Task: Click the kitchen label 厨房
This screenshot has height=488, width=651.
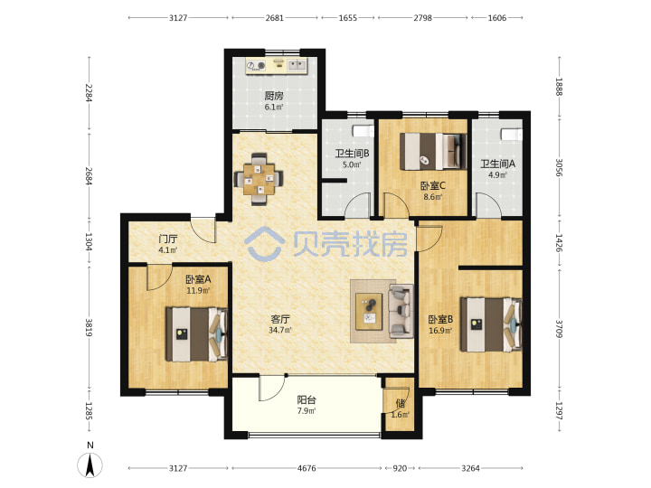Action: point(274,96)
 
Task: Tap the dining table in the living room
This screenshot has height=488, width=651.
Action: point(259,179)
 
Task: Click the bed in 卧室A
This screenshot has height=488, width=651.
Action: point(196,334)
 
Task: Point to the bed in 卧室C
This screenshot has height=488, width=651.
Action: point(432,152)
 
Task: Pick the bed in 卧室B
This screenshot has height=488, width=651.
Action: point(491,324)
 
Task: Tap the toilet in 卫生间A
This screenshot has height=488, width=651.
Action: point(511,135)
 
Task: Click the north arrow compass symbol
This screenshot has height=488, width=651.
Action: point(90,465)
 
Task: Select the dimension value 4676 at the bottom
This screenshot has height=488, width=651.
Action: point(307,468)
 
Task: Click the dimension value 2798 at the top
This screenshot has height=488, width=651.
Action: point(422,18)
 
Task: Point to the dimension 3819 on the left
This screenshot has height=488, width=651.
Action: point(89,327)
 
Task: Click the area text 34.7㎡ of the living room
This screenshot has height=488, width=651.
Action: point(280,331)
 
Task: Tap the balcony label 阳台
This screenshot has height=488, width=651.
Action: point(307,400)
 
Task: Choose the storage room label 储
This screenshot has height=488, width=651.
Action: point(401,403)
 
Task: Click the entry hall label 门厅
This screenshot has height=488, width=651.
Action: point(168,239)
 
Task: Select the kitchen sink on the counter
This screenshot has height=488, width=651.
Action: point(297,65)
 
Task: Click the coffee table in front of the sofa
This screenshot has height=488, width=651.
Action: point(369,312)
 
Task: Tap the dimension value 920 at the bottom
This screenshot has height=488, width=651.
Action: point(400,468)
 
